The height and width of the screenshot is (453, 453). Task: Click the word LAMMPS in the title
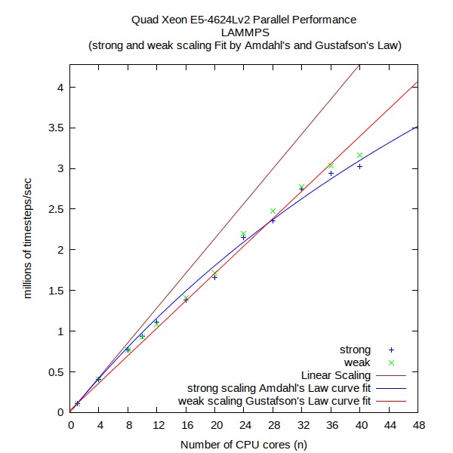243,32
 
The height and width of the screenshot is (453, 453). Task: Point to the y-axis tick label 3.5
55,128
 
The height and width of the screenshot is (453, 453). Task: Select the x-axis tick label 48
417,425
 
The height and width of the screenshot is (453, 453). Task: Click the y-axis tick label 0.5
55,371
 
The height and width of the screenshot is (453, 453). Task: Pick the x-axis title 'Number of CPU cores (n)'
243,444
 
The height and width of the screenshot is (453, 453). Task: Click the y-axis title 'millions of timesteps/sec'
28,239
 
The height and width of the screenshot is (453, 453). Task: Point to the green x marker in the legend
391,362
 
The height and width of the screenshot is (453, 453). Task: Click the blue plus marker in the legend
391,350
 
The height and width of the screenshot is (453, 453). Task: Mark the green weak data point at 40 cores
359,156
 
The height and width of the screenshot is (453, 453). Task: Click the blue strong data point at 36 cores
331,174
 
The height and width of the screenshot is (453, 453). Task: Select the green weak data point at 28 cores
273,211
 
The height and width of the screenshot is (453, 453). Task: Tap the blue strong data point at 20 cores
214,277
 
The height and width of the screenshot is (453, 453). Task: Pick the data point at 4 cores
99,379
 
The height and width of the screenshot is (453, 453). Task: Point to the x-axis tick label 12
156,425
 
